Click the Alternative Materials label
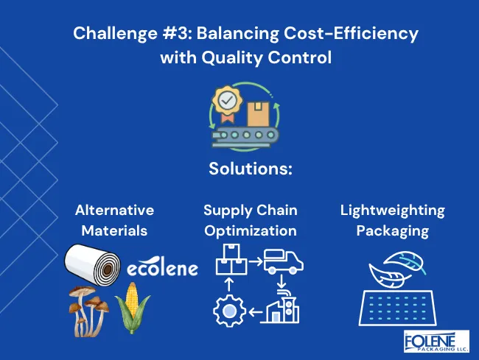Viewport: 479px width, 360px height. tap(114, 220)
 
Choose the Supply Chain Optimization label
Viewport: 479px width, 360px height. tap(251, 220)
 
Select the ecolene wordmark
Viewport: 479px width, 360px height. tap(162, 269)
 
